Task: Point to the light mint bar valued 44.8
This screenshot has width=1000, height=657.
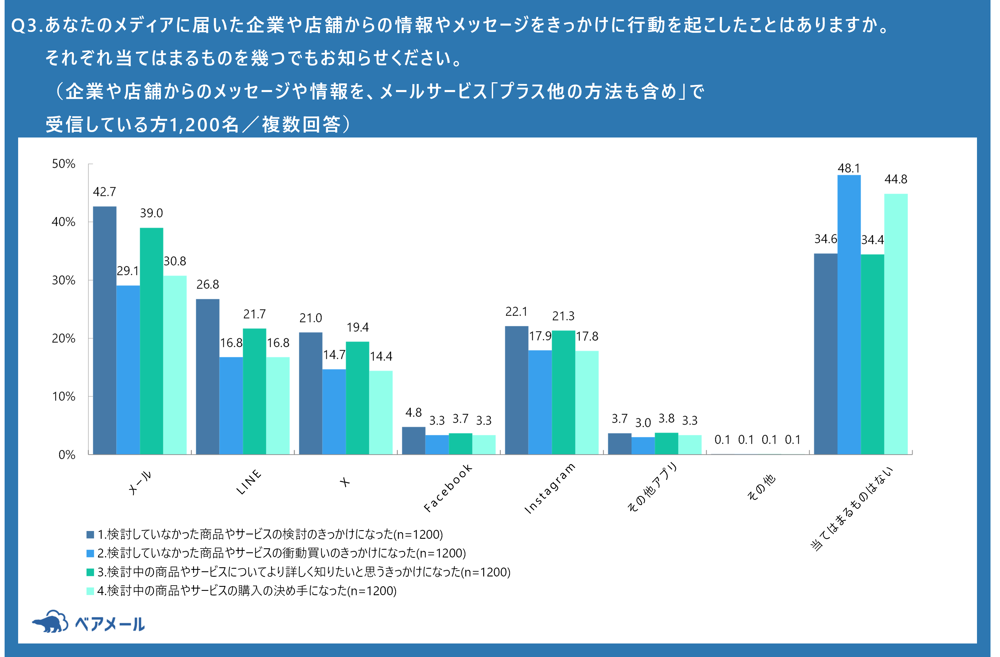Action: pos(896,323)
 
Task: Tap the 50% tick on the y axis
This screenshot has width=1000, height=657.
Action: pos(63,164)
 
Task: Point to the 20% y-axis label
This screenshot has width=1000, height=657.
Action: pos(63,339)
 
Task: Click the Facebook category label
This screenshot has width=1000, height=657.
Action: pos(447,488)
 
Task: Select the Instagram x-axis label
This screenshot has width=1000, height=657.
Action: pos(550,488)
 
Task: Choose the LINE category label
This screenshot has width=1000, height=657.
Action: pos(249,482)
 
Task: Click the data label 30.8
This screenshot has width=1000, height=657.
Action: pos(175,261)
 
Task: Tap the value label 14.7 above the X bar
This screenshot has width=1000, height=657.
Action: pos(334,355)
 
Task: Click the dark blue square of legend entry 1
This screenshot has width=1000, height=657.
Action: pos(90,535)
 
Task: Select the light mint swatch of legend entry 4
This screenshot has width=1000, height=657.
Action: pos(90,591)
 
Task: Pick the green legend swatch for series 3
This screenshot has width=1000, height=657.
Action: pos(90,572)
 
